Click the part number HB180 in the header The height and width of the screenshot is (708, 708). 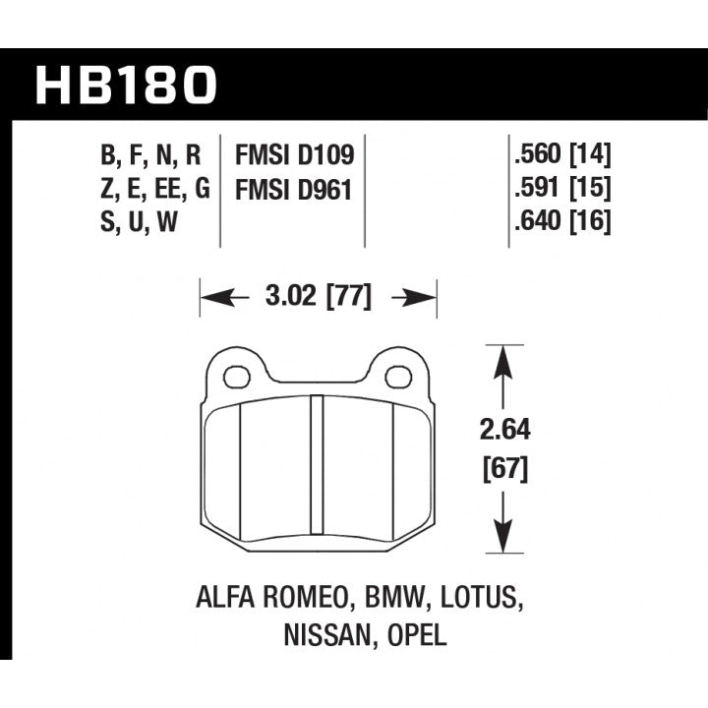[125, 86]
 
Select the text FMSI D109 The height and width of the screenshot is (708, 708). [294, 155]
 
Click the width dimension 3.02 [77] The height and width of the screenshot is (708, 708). [319, 296]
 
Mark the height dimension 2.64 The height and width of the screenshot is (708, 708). [505, 431]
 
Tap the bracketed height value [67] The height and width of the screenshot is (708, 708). [505, 469]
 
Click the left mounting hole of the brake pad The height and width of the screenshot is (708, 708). [236, 377]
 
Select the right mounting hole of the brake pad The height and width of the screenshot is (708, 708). [397, 377]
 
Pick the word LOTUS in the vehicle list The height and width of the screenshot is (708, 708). [474, 599]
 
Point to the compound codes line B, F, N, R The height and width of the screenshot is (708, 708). [150, 155]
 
